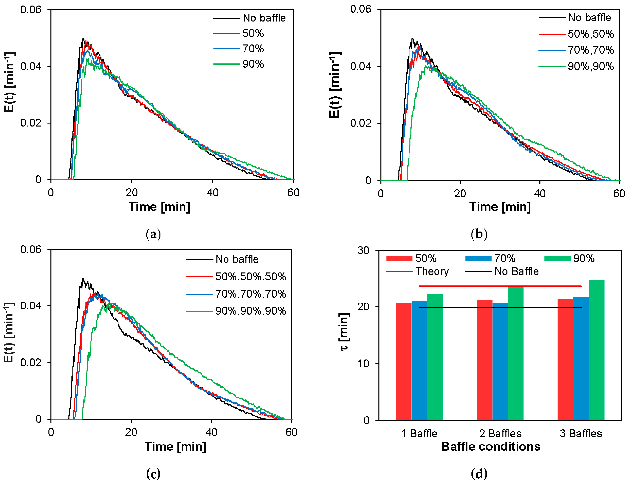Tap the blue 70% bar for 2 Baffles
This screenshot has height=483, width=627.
tap(500, 362)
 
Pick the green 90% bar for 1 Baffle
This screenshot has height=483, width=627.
tap(435, 357)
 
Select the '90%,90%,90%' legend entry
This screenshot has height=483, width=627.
tap(236, 311)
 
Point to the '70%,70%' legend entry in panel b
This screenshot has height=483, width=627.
tap(576, 50)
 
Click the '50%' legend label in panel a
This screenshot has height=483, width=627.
tap(253, 33)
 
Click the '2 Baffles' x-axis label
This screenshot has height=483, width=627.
tap(500, 433)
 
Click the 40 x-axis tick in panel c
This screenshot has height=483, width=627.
tap(212, 432)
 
